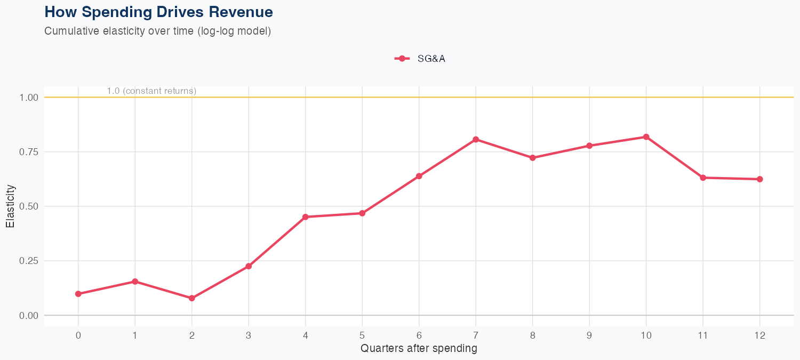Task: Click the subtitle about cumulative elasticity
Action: [x=158, y=31]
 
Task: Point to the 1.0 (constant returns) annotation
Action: [x=151, y=91]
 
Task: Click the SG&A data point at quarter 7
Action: [x=476, y=140]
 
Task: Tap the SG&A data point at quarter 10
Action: [x=646, y=137]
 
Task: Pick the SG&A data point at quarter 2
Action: [x=192, y=298]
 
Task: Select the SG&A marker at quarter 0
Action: [x=78, y=294]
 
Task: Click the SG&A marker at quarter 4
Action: [x=306, y=217]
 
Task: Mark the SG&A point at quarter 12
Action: [x=759, y=179]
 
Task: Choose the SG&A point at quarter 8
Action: [x=532, y=158]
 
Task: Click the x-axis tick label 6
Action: [x=419, y=335]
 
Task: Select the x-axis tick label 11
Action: [x=703, y=335]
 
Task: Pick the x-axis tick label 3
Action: [x=249, y=335]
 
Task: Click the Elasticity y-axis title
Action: [x=11, y=206]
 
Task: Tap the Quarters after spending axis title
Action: [x=419, y=349]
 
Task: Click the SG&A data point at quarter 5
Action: [x=362, y=213]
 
